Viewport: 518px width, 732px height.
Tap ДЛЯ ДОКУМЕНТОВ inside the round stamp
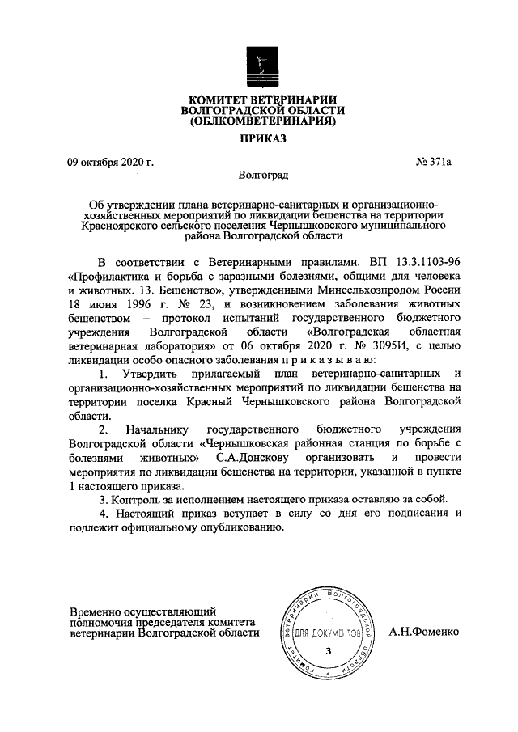click(327, 631)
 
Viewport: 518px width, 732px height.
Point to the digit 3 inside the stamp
click(327, 650)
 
